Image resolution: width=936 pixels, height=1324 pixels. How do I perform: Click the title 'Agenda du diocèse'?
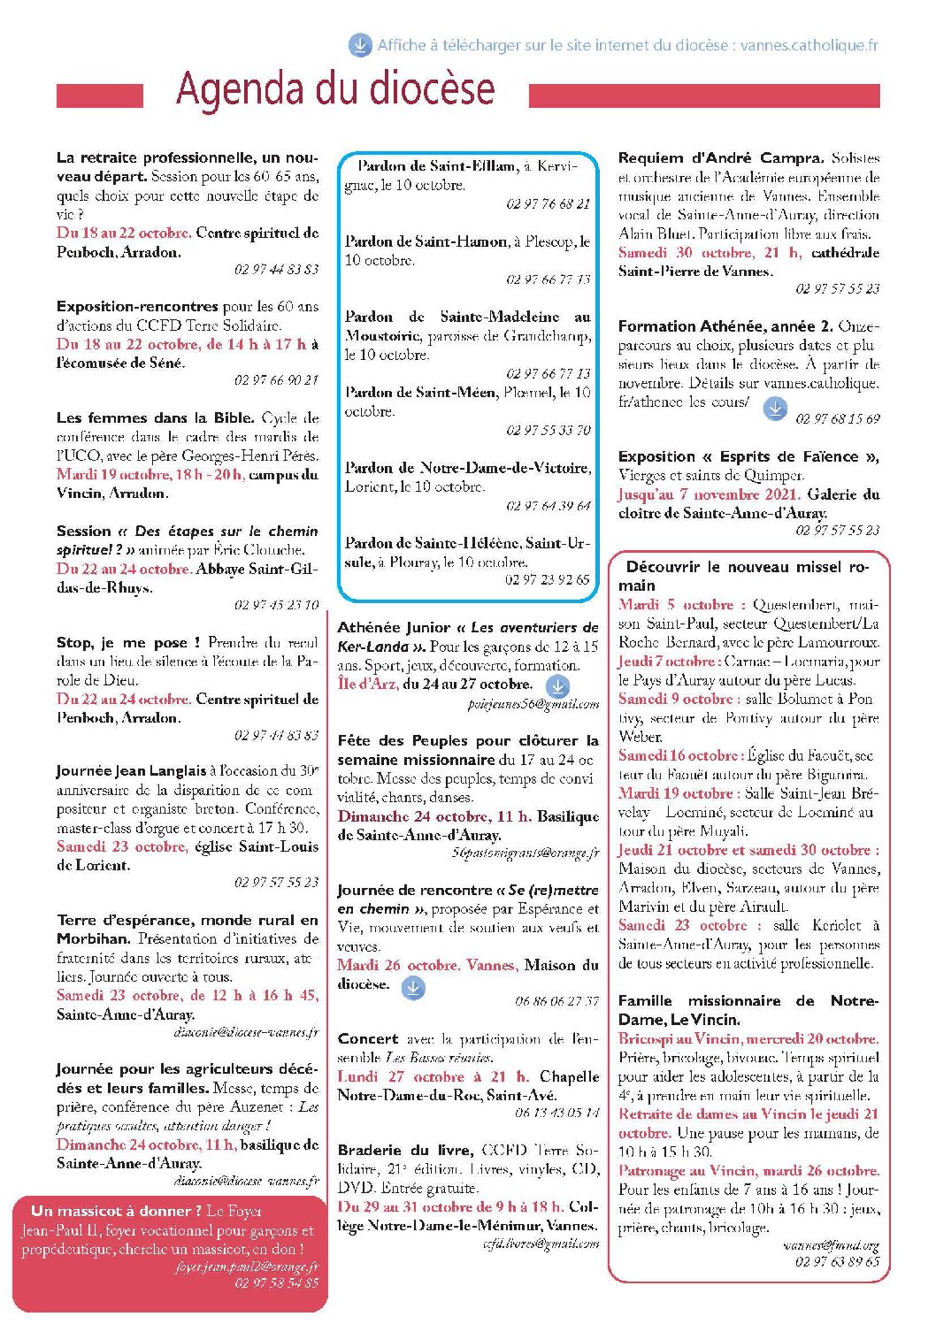coord(334,89)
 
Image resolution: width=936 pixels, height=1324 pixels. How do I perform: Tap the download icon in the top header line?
coord(359,44)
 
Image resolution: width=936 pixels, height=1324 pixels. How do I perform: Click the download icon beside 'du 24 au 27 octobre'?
coord(557,685)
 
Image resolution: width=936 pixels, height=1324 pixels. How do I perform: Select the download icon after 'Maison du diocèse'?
coord(413,988)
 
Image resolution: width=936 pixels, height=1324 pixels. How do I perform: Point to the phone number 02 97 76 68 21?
coord(548,203)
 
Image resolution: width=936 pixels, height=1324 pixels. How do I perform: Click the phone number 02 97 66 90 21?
coord(276,380)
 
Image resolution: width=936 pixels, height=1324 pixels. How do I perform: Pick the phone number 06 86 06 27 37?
coord(556,1001)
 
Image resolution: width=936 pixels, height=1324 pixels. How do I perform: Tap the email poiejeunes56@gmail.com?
coord(533,704)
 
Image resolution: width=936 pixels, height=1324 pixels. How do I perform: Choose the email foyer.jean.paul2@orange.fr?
coord(247,1267)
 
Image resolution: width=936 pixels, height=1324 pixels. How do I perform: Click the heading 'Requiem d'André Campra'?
coord(720,158)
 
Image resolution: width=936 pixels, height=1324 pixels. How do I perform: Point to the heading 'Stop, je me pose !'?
coord(128,643)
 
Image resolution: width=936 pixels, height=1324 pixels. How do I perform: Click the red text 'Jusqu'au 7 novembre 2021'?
coord(709,494)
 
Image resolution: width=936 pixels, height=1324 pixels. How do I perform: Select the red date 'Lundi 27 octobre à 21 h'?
coord(433,1076)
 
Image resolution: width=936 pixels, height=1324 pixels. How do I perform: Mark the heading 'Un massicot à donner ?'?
coord(115,1211)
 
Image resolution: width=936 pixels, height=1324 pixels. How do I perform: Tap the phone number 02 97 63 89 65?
coord(837,1262)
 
